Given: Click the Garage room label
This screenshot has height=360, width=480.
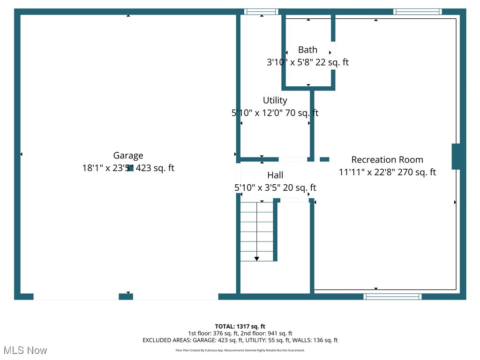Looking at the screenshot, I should (128, 156).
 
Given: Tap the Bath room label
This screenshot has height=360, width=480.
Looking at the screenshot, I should (307, 50).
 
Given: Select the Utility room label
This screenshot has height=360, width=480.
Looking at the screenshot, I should (275, 100).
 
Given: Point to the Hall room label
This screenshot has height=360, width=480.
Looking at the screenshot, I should (275, 175).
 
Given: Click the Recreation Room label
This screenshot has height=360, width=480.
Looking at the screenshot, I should (387, 160).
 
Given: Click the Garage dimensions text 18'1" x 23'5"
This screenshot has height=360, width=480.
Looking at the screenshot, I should (108, 168).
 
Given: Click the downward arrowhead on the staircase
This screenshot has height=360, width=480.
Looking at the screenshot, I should (257, 259).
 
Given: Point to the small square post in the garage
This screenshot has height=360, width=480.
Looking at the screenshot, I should (130, 168).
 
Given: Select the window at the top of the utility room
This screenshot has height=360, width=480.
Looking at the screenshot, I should (261, 12).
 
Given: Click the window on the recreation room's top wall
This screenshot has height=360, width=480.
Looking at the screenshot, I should (417, 12).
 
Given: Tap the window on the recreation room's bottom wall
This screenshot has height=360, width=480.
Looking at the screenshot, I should (392, 296).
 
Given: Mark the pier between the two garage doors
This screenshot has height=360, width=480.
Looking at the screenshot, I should (126, 296).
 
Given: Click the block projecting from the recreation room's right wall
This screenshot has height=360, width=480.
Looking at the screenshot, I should (456, 156).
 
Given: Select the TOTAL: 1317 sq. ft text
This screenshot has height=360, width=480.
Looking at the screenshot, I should (240, 326).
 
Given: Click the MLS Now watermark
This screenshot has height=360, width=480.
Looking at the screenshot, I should (25, 350).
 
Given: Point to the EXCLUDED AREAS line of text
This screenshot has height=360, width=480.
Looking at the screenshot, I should (240, 340).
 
